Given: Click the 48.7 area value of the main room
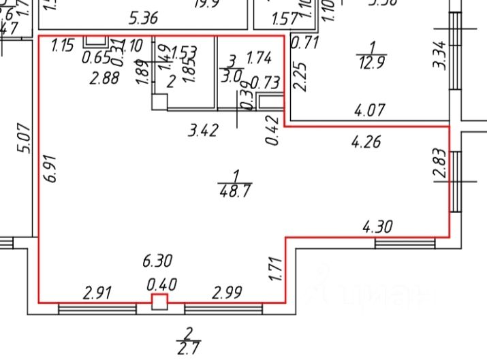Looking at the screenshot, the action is (x=233, y=191).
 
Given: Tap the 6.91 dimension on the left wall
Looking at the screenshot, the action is (x=48, y=167).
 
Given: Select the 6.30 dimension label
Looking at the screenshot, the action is (x=157, y=260).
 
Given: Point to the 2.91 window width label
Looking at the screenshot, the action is (x=97, y=293).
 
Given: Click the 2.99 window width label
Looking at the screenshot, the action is (x=227, y=293).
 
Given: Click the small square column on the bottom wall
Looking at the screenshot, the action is (x=159, y=302).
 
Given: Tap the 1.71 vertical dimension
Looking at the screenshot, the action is (x=276, y=269).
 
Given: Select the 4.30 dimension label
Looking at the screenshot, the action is (x=379, y=227).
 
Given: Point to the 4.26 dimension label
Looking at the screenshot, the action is (x=366, y=142).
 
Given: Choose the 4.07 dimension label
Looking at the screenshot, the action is (x=371, y=108).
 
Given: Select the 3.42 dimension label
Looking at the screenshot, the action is (x=203, y=129).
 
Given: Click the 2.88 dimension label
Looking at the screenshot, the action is (x=105, y=78).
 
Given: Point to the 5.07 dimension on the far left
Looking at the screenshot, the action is (x=23, y=138).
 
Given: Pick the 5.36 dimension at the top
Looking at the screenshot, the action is (x=144, y=17).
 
